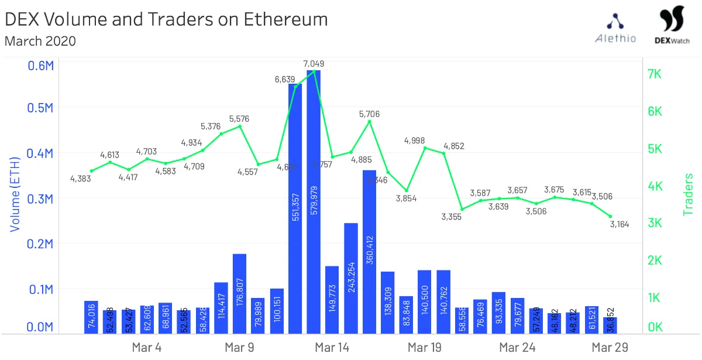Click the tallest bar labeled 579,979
pyautogui.click(x=314, y=202)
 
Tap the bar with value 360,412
pyautogui.click(x=369, y=252)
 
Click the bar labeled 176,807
pyautogui.click(x=239, y=293)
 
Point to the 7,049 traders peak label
pyautogui.click(x=314, y=63)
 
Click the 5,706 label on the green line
pyautogui.click(x=369, y=114)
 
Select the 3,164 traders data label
pyautogui.click(x=619, y=224)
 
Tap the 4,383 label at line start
pyautogui.click(x=80, y=179)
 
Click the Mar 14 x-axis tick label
pyautogui.click(x=332, y=348)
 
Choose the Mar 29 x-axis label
pyautogui.click(x=610, y=348)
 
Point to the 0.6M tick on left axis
pyautogui.click(x=41, y=65)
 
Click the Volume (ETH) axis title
pyautogui.click(x=15, y=194)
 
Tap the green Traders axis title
pyautogui.click(x=689, y=194)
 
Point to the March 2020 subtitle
pyautogui.click(x=40, y=41)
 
